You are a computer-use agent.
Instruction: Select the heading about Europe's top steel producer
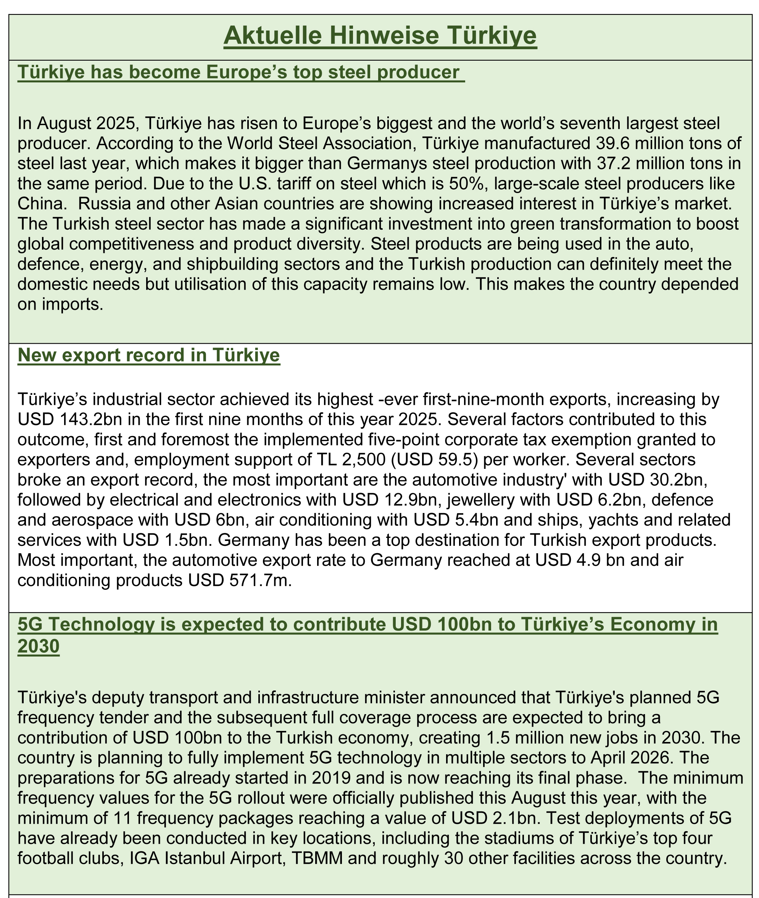coord(241,72)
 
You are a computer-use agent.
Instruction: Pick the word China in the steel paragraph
coord(39,203)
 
